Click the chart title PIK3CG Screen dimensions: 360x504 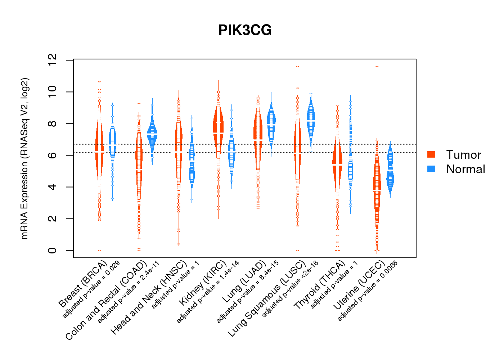pos(245,30)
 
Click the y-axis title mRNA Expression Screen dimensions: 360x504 pos(24,158)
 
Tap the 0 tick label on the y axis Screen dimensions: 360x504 pos(53,250)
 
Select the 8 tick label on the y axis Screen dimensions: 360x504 pos(53,123)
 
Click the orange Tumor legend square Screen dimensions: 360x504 pos(431,154)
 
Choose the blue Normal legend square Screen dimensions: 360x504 pos(431,169)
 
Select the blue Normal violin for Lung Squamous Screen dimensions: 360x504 pos(311,119)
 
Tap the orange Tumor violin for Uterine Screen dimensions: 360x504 pos(377,184)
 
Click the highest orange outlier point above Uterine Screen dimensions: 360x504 pos(377,67)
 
